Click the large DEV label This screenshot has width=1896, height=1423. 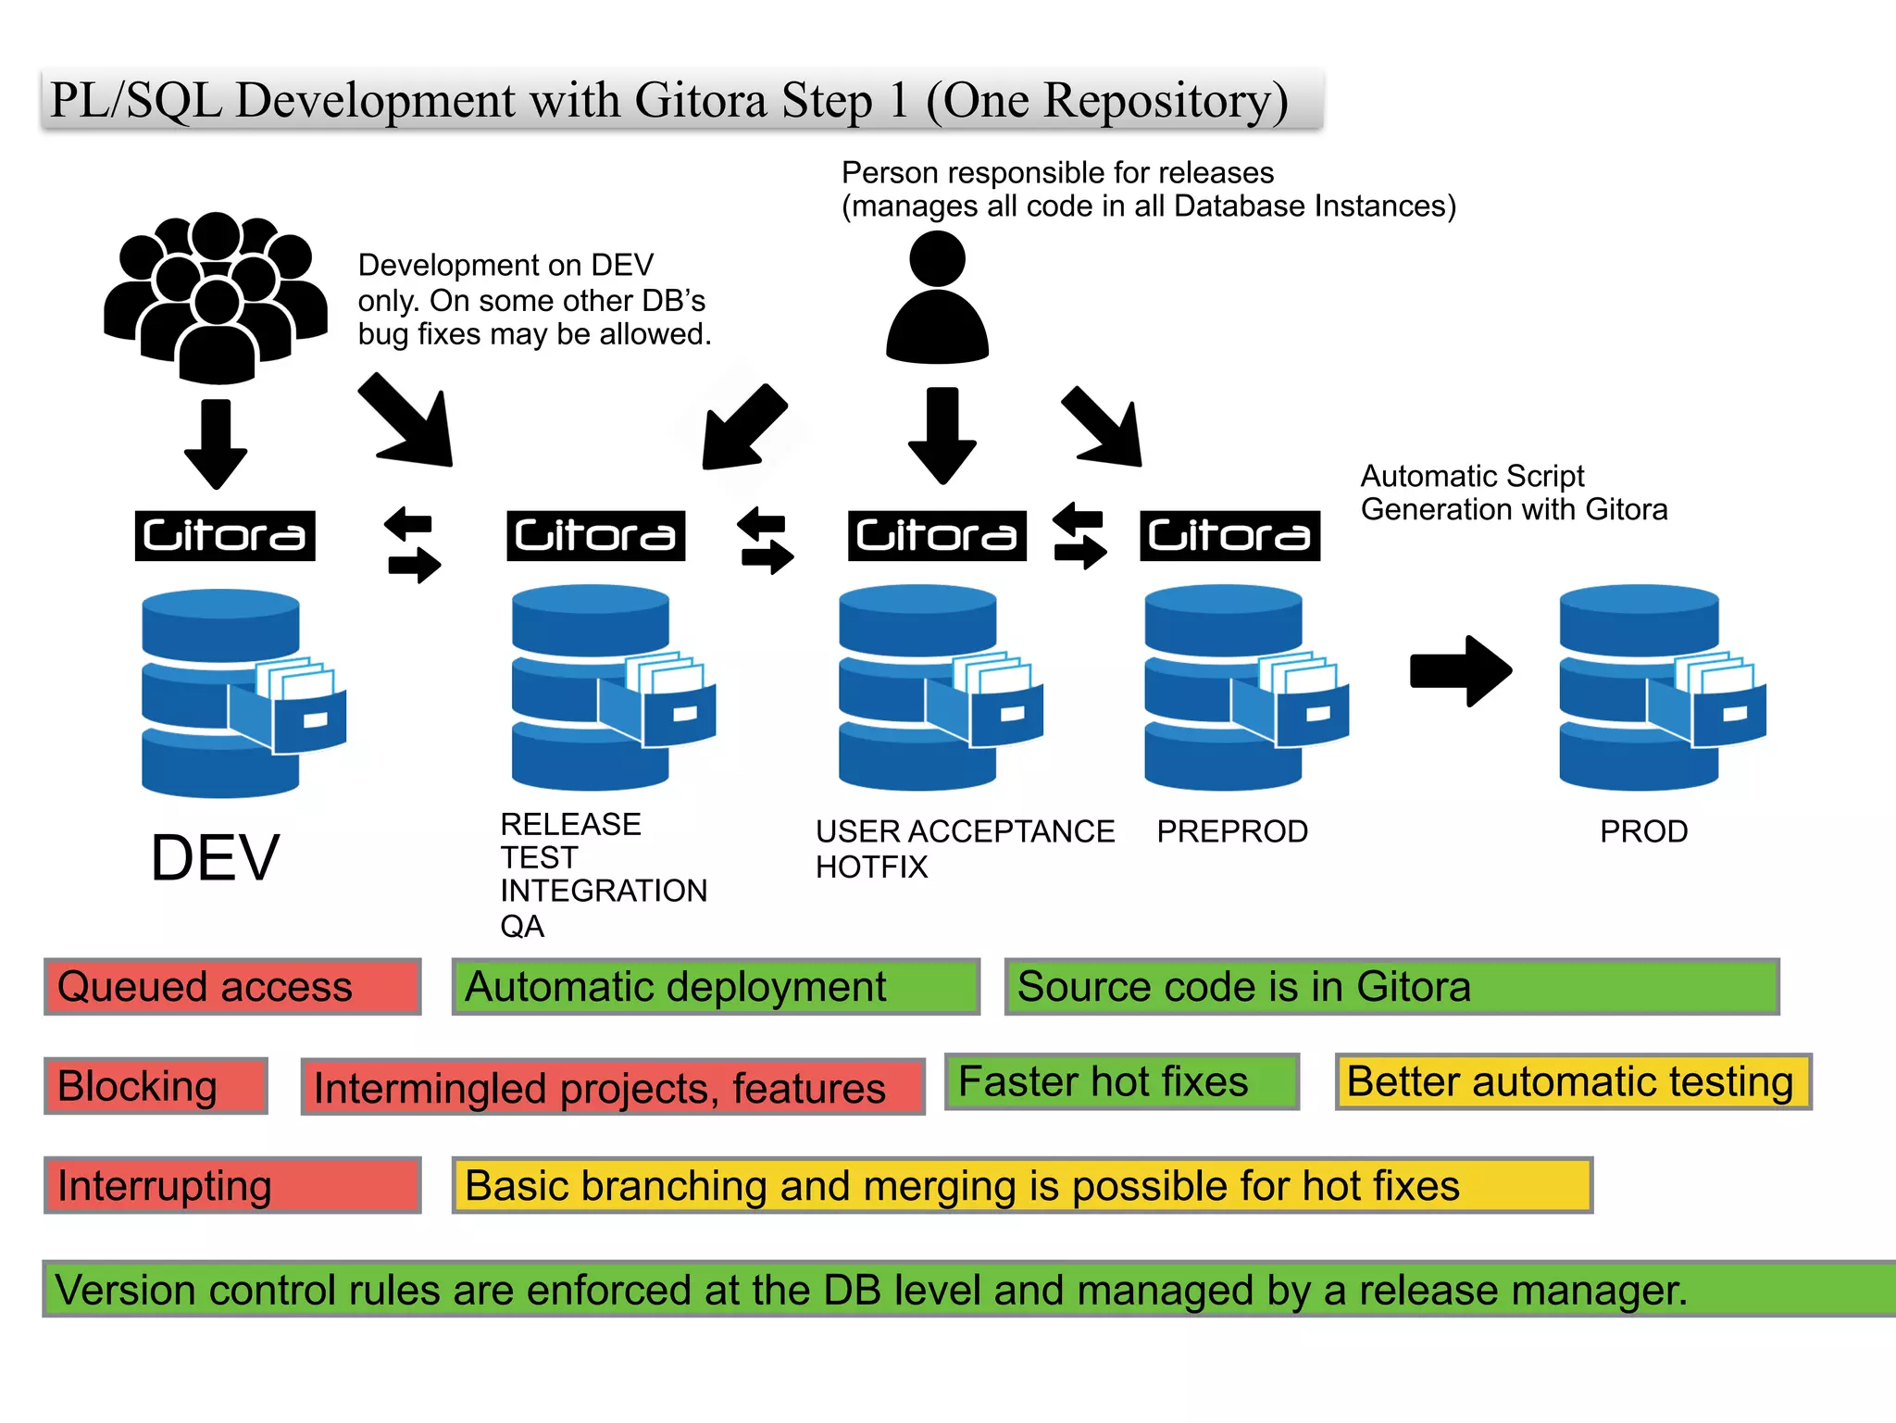[x=215, y=858]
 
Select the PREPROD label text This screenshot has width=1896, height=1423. [x=1232, y=831]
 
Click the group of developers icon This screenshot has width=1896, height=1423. [x=216, y=296]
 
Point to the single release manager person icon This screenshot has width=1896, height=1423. [x=937, y=296]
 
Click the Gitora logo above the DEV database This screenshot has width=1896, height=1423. [x=225, y=536]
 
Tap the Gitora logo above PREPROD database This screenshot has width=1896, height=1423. [x=1229, y=536]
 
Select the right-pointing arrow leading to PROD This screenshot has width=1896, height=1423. [x=1460, y=670]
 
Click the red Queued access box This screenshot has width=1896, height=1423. [x=232, y=987]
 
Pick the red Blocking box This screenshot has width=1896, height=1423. [x=156, y=1086]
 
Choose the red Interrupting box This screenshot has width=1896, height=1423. [x=232, y=1185]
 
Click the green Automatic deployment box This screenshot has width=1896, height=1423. [x=715, y=987]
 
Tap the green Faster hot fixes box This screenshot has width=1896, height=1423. [x=1121, y=1081]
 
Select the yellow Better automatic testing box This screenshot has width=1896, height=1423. [x=1572, y=1081]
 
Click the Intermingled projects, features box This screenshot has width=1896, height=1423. [x=613, y=1087]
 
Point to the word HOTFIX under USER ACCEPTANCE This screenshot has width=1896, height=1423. [x=871, y=868]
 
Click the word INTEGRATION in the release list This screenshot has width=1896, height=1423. [x=604, y=891]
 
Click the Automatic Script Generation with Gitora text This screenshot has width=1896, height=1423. [x=1513, y=493]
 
